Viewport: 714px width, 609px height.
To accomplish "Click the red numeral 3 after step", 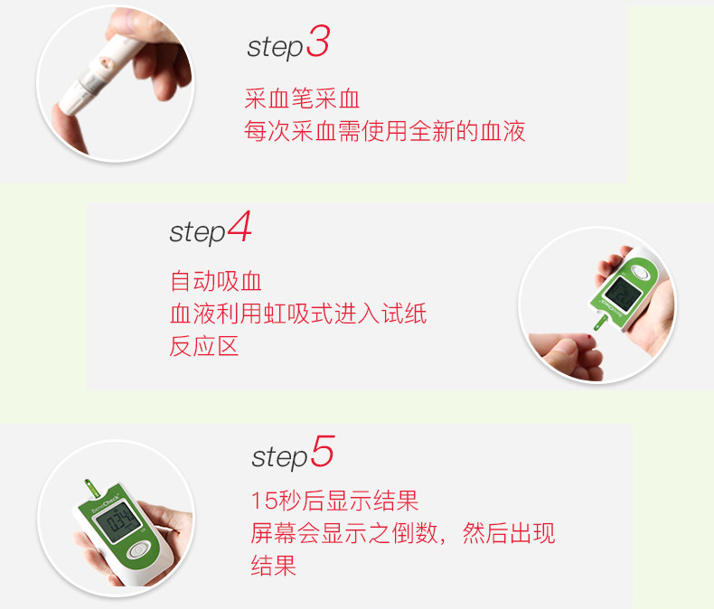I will (x=317, y=42).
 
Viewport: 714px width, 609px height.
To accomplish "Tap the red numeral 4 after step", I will (x=240, y=227).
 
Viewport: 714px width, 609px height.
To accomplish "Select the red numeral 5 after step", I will (x=323, y=452).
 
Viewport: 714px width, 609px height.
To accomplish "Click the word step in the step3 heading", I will (x=274, y=48).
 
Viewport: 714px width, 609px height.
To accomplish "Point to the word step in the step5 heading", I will (x=279, y=457).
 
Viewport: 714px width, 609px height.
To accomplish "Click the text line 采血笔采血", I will (x=302, y=99).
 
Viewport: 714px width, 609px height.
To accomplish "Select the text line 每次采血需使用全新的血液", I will (x=384, y=132).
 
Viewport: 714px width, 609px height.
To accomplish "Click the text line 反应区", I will (x=204, y=346).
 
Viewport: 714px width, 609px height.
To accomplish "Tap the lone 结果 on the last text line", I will (x=273, y=566).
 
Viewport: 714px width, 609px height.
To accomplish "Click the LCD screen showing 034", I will (x=115, y=523).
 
